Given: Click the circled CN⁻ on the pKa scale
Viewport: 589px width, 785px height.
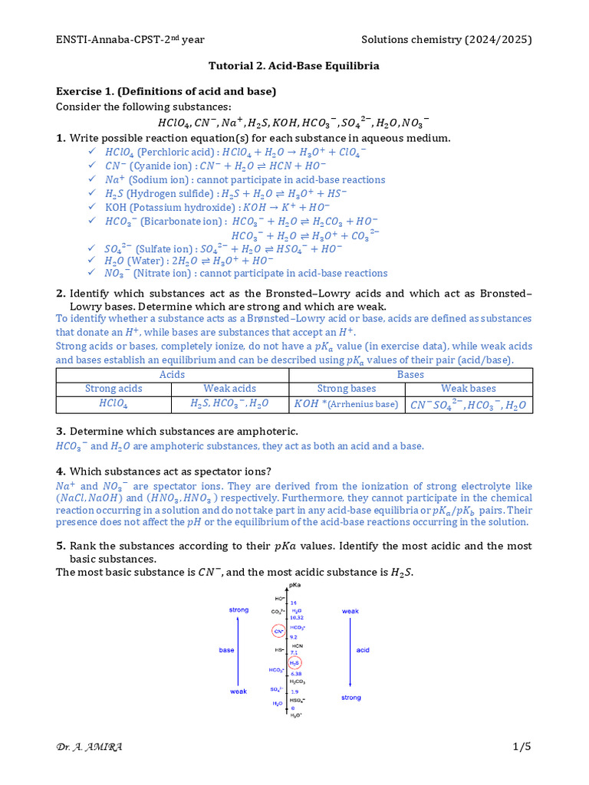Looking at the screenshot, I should click(278, 632).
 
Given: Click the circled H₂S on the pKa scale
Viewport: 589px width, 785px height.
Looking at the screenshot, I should click(294, 662).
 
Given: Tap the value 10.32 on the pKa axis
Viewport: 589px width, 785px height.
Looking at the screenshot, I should click(298, 616).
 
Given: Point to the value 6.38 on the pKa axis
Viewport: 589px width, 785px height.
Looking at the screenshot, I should click(295, 674).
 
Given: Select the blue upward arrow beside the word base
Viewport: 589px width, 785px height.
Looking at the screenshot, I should click(239, 650).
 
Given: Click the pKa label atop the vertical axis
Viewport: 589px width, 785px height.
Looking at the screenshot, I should click(293, 586).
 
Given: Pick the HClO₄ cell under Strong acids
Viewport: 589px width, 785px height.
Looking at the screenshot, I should click(114, 404).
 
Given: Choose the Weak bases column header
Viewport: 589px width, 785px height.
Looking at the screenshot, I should click(469, 389).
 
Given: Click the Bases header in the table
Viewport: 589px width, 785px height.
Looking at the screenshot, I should click(410, 374).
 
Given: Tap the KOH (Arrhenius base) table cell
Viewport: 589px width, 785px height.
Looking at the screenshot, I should click(346, 404).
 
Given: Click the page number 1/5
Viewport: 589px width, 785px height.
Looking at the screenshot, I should click(522, 747).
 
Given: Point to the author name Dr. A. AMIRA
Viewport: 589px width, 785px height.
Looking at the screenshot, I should click(89, 747).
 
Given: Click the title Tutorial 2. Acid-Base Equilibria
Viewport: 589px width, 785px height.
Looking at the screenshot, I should click(294, 66).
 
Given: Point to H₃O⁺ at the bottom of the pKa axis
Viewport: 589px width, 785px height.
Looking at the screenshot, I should click(295, 715).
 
